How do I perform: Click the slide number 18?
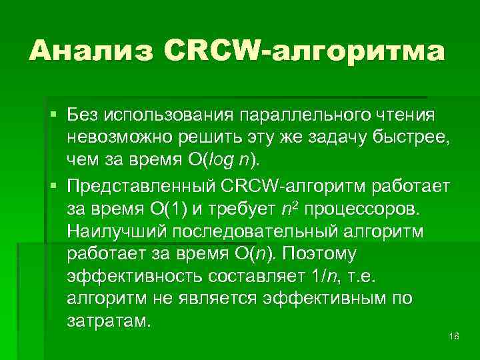(x=455, y=337)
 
